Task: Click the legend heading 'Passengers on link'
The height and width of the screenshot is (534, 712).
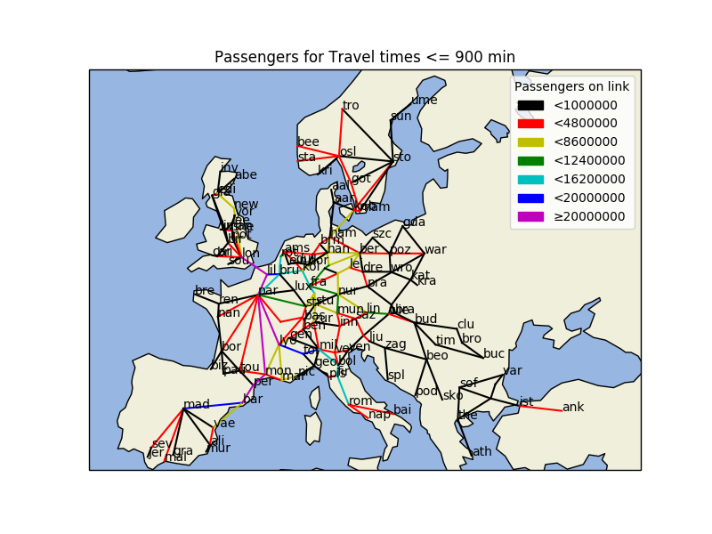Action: point(571,86)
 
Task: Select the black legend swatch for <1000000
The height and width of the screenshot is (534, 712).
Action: point(530,105)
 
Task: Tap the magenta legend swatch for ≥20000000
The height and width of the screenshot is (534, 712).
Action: point(530,216)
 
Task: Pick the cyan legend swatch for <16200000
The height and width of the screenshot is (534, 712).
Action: point(530,179)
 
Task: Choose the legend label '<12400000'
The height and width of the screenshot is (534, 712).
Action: point(589,160)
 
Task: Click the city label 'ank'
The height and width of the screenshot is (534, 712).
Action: point(573,407)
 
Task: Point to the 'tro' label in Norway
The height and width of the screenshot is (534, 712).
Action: point(351,105)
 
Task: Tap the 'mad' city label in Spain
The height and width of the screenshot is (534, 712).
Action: point(196,404)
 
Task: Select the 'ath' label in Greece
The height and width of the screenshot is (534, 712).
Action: point(481,451)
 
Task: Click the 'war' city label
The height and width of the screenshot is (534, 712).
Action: point(435,249)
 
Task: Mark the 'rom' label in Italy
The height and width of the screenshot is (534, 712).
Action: point(360,400)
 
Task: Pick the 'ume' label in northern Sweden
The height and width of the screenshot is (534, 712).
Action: point(424,100)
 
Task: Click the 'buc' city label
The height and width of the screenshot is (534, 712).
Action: point(494,353)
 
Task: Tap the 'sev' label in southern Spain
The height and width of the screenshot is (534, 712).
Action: point(160,443)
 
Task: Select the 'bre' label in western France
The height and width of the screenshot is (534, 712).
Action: point(205,291)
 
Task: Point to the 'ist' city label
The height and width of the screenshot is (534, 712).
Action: point(526,401)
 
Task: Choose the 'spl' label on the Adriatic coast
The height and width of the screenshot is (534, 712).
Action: point(396,375)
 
